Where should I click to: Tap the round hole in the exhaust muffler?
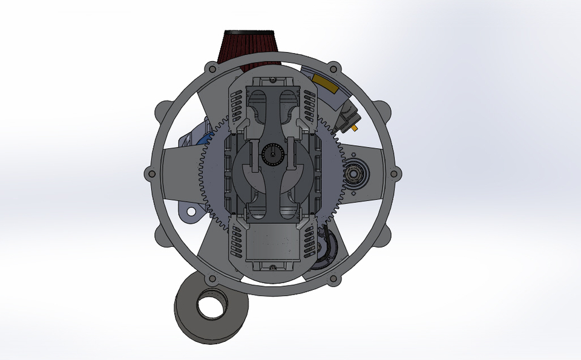coord(209,307)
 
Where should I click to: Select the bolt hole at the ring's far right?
coord(395,174)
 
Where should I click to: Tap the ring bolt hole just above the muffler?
coord(212,279)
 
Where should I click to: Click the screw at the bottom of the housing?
coord(273,267)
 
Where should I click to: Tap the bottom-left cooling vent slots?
coord(234,244)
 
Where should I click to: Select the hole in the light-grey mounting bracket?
coord(193,212)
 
